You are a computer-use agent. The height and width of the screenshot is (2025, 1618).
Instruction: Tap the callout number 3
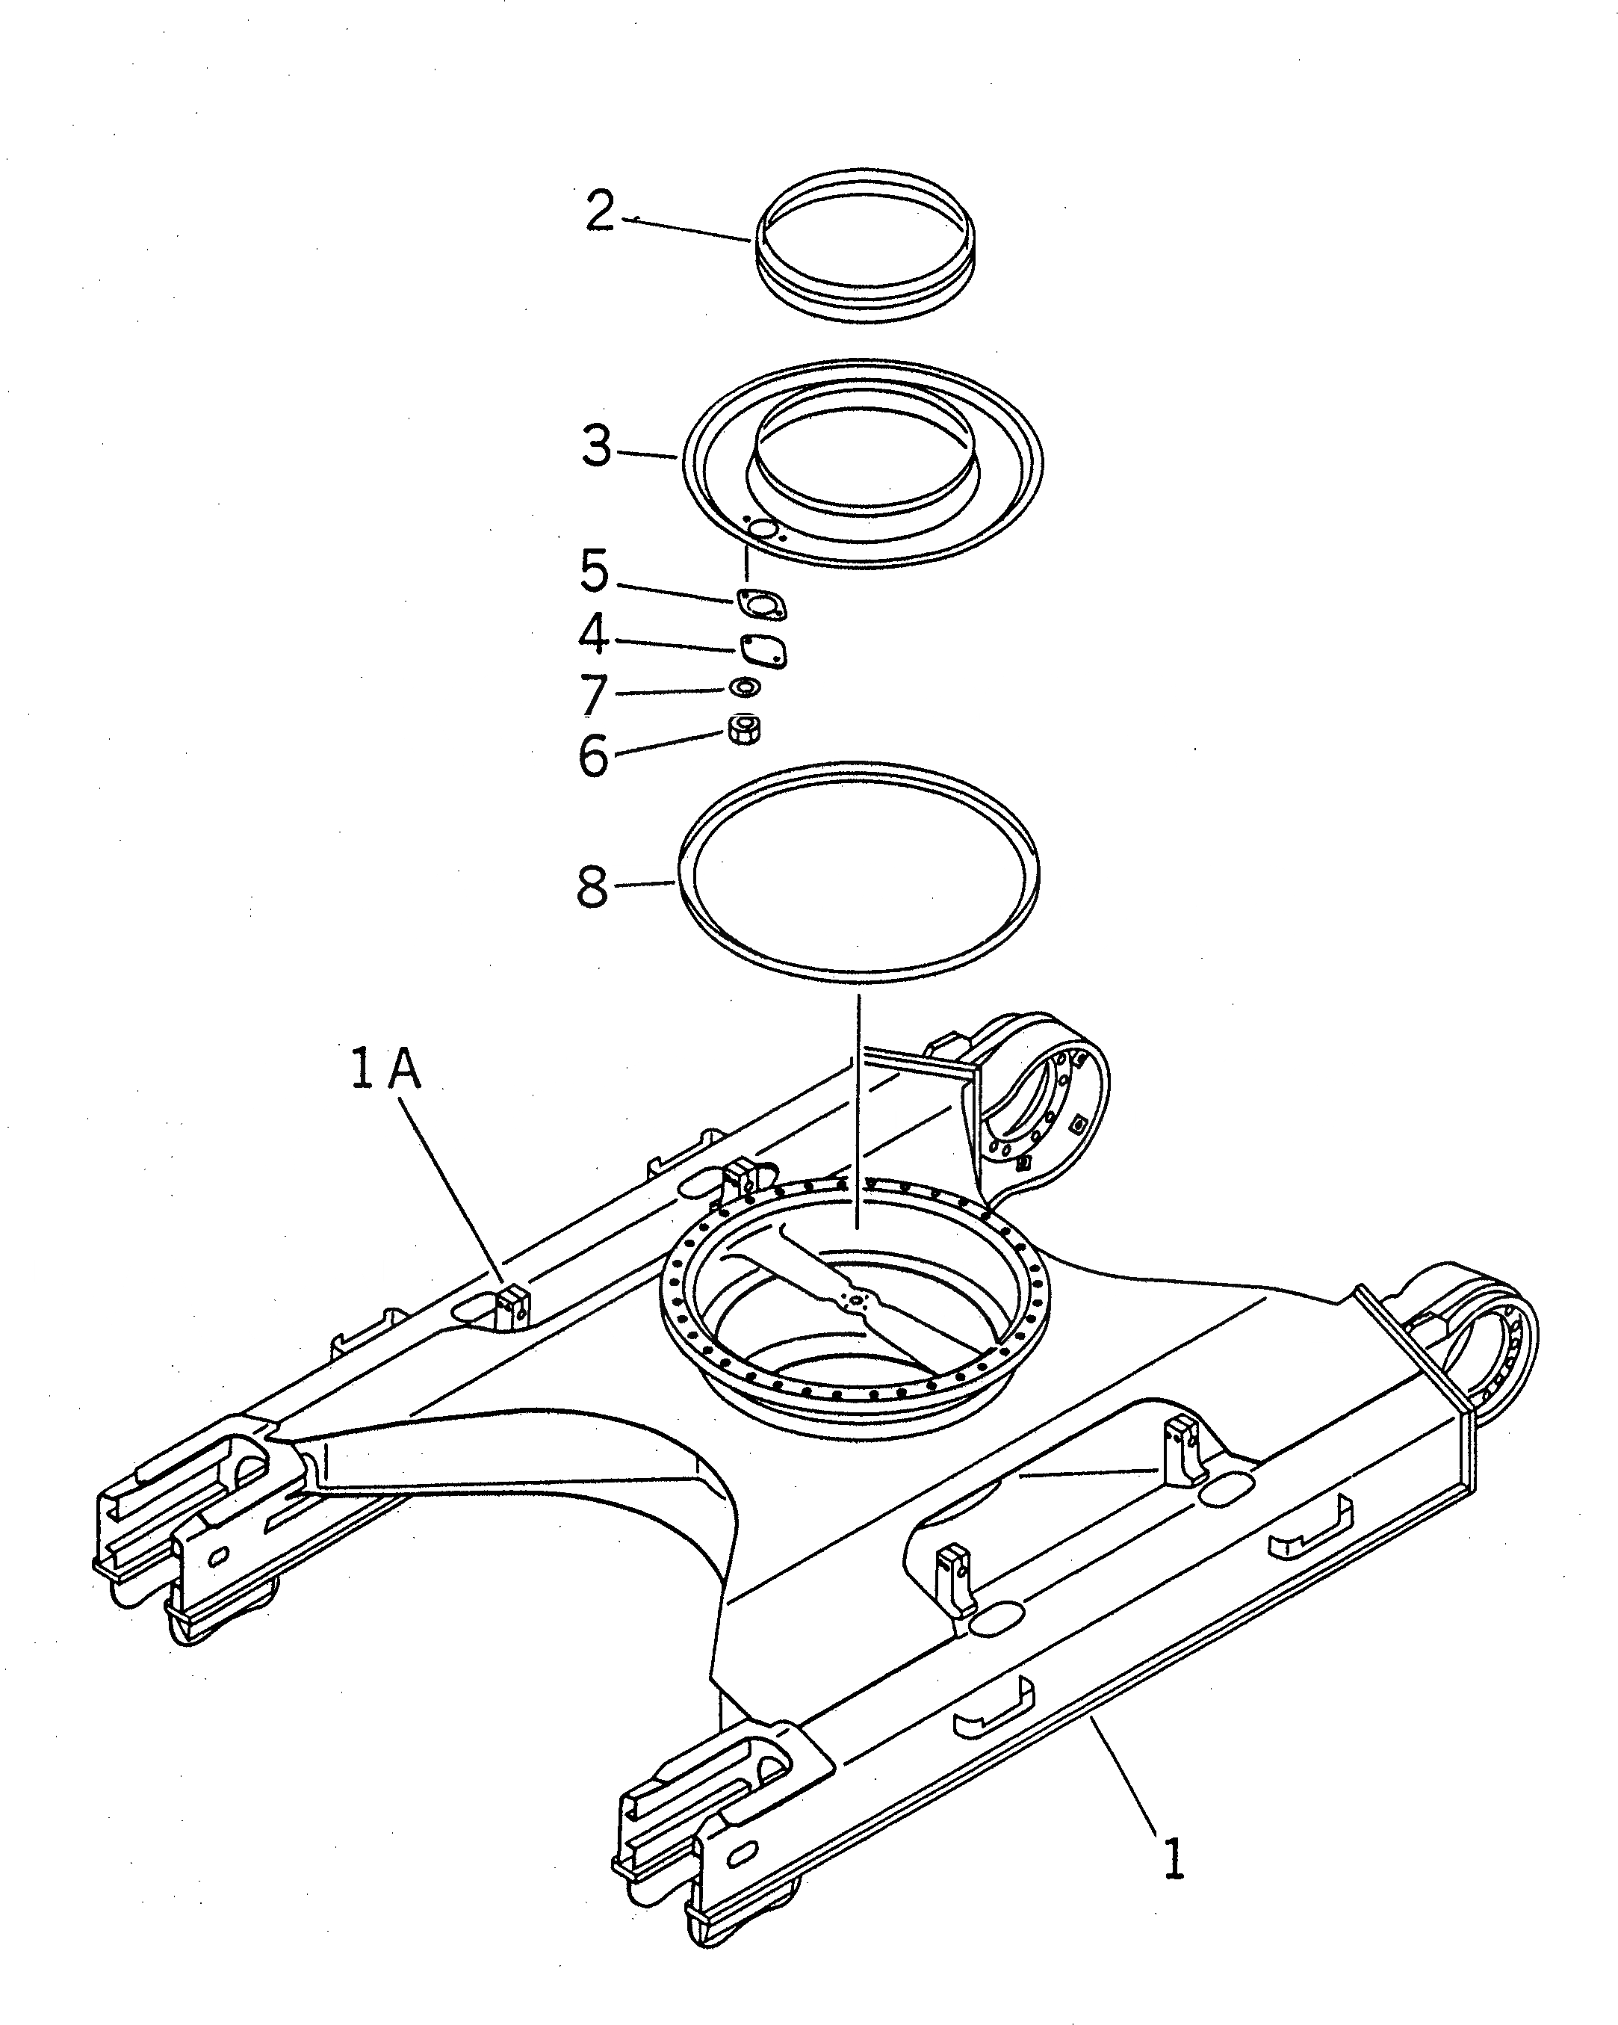[x=596, y=446]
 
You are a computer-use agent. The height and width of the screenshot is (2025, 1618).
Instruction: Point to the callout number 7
[x=593, y=695]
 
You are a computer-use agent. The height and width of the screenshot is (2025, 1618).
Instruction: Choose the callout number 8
[x=592, y=885]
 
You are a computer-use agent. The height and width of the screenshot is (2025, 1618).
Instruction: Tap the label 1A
[x=386, y=1070]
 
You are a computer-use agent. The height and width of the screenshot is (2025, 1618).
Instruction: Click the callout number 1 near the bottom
[x=1174, y=1859]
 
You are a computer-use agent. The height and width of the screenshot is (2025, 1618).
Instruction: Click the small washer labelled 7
[x=746, y=687]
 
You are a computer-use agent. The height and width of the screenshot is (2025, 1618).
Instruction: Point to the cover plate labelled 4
[x=762, y=650]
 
